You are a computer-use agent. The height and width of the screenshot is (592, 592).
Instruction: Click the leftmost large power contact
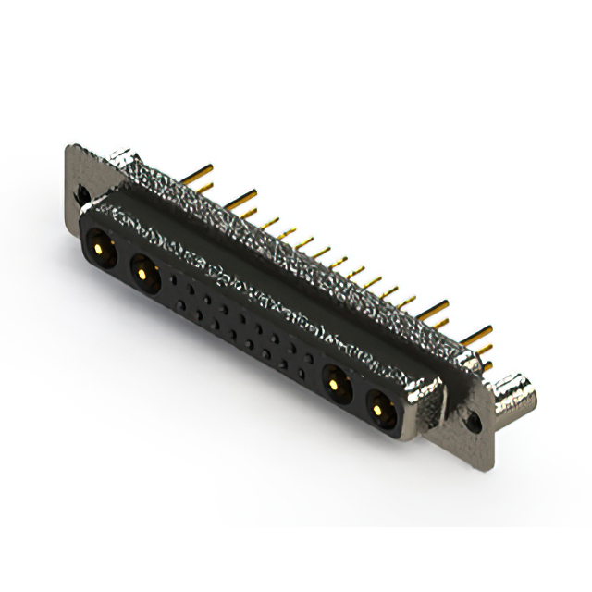(99, 249)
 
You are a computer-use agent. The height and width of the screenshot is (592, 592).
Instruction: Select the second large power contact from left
(142, 270)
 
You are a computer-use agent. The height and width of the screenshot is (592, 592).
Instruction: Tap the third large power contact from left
(334, 383)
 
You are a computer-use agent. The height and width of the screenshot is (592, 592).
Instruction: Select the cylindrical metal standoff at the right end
(514, 395)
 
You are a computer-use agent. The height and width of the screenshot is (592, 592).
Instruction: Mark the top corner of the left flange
(69, 146)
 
